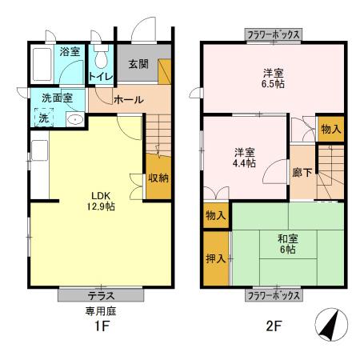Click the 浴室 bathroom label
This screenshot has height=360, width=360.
click(x=70, y=52)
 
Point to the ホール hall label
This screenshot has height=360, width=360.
click(x=128, y=100)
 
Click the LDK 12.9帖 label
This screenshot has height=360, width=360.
click(x=101, y=200)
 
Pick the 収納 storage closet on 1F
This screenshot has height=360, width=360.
click(x=158, y=178)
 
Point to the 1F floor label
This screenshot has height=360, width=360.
click(x=102, y=328)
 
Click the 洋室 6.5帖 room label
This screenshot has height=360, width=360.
click(x=274, y=80)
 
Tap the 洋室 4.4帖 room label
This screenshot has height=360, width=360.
click(x=244, y=157)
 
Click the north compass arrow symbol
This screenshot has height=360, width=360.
click(x=330, y=324)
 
